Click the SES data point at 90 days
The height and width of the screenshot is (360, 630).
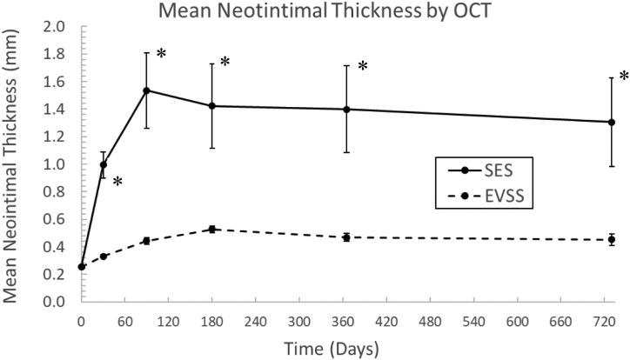(146, 90)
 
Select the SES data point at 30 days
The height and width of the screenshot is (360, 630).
(103, 164)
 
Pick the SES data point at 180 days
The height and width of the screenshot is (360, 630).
(211, 106)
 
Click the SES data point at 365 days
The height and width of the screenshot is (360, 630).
(346, 110)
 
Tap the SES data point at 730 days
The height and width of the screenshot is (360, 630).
(612, 122)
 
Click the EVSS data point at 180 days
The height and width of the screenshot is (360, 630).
(211, 230)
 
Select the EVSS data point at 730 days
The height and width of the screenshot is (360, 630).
(612, 240)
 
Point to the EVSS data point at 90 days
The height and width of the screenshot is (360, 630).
(146, 241)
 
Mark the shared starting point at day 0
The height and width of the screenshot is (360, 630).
(82, 267)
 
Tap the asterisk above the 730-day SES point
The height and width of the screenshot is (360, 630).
(623, 77)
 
